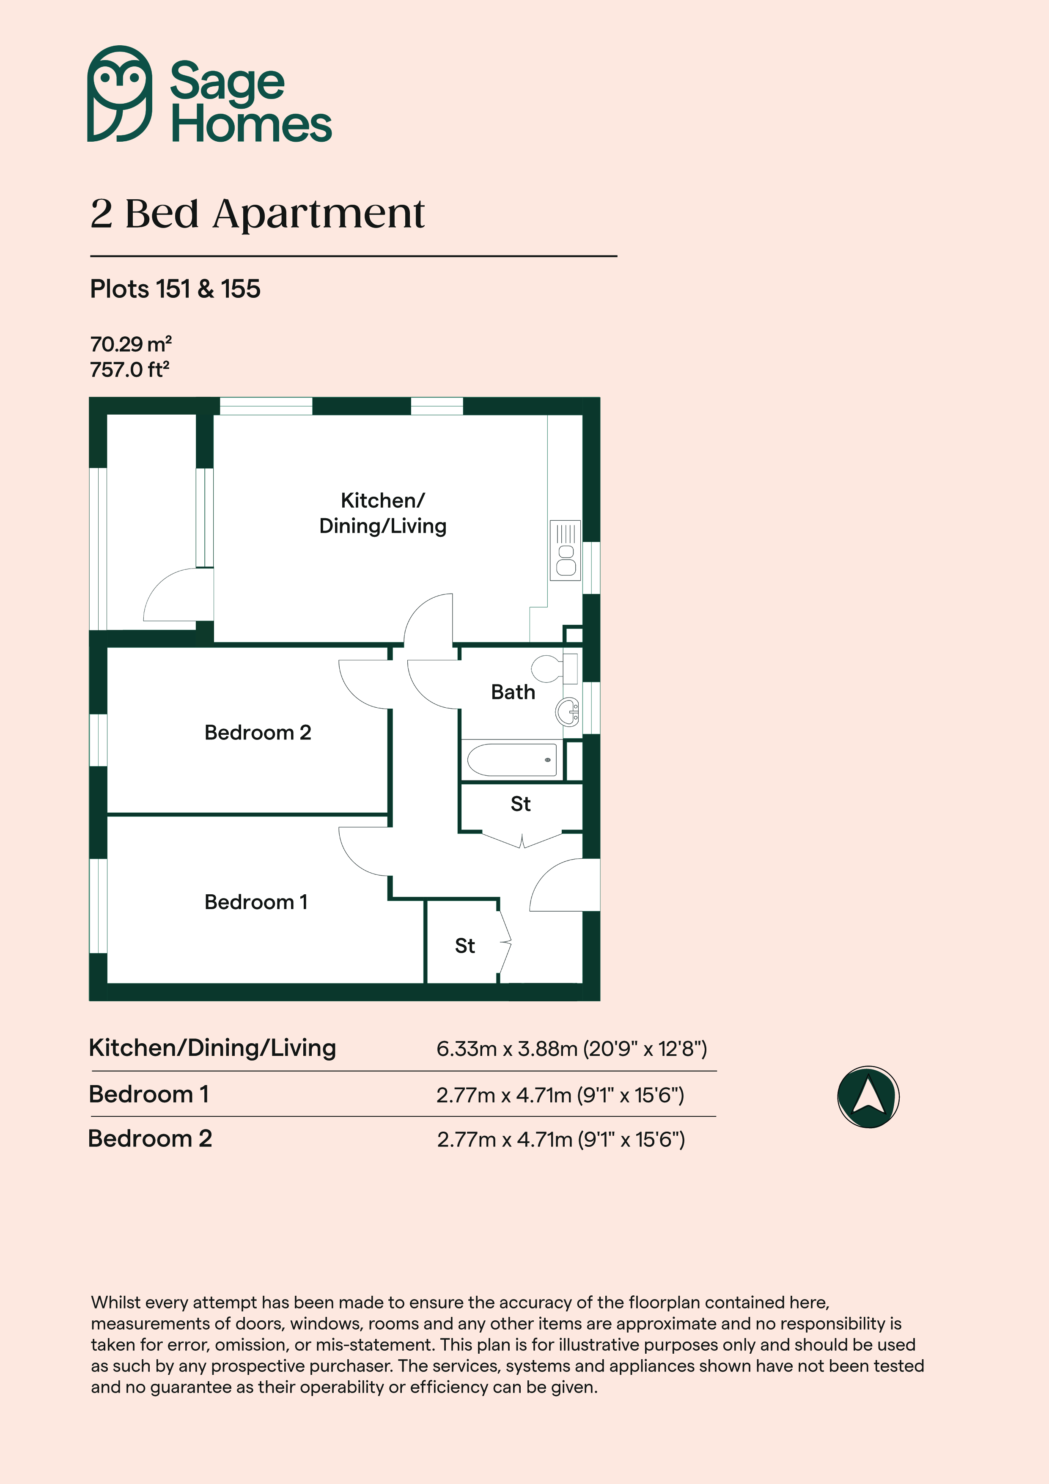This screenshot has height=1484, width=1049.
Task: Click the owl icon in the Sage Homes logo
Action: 120,94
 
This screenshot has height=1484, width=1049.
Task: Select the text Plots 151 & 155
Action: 175,289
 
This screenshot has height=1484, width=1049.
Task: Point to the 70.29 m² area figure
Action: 131,344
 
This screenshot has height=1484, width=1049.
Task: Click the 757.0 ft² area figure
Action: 129,370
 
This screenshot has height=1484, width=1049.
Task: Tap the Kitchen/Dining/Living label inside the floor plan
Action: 383,513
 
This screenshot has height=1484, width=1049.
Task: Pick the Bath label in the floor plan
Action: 513,692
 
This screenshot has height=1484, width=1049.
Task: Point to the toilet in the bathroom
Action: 555,669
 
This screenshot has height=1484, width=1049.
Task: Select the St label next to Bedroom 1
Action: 465,946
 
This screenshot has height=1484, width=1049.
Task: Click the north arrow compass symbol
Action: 868,1097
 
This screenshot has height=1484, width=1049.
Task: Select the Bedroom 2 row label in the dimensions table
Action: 150,1138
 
